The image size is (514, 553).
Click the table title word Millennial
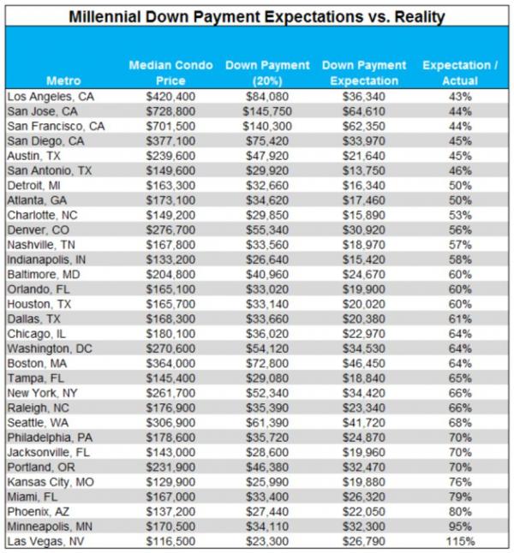pyautogui.click(x=105, y=16)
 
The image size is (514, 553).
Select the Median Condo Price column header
pyautogui.click(x=170, y=73)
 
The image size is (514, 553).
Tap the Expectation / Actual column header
pyautogui.click(x=460, y=73)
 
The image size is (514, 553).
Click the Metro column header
pyautogui.click(x=63, y=80)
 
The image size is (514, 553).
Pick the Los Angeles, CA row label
pyautogui.click(x=51, y=97)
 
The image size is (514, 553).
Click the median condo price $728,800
pyautogui.click(x=170, y=111)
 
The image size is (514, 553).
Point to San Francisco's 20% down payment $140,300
pyautogui.click(x=267, y=126)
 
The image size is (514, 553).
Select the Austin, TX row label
pyautogui.click(x=34, y=156)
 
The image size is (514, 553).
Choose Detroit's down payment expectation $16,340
pyautogui.click(x=364, y=186)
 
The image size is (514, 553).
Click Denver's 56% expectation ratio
pyautogui.click(x=460, y=230)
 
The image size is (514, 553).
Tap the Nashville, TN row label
pyautogui.click(x=41, y=245)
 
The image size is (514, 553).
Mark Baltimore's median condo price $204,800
pyautogui.click(x=170, y=275)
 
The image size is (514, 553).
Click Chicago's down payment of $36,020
pyautogui.click(x=267, y=334)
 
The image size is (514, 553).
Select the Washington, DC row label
pyautogui.click(x=50, y=348)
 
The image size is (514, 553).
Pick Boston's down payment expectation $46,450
pyautogui.click(x=364, y=363)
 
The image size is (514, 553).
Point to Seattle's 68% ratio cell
pyautogui.click(x=460, y=423)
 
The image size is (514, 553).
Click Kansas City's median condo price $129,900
pyautogui.click(x=170, y=482)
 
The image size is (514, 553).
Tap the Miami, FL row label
pyautogui.click(x=33, y=497)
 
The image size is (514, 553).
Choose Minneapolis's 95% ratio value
pyautogui.click(x=460, y=526)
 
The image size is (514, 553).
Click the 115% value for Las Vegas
pyautogui.click(x=460, y=541)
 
